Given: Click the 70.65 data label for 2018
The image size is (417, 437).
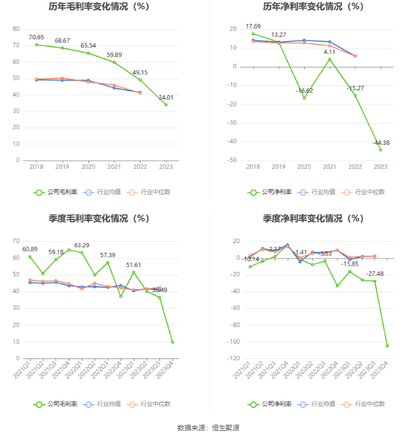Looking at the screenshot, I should (x=37, y=37).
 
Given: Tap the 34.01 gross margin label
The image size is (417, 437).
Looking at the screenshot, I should (x=166, y=97).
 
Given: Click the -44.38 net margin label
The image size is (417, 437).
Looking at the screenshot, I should (x=380, y=143).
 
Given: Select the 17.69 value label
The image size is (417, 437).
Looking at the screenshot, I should (x=253, y=26).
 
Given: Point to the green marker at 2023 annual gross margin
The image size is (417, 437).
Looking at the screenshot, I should (x=166, y=104).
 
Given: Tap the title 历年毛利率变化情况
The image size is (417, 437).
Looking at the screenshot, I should (x=99, y=7).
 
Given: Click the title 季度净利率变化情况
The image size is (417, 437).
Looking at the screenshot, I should (x=313, y=218).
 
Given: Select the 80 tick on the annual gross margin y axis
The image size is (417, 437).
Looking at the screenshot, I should (x=16, y=29).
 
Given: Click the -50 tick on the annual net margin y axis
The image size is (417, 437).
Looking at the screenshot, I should (x=232, y=160).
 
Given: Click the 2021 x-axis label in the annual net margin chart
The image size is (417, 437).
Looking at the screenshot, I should (x=329, y=167).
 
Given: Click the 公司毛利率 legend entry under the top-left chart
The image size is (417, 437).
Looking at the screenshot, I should (x=55, y=191).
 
